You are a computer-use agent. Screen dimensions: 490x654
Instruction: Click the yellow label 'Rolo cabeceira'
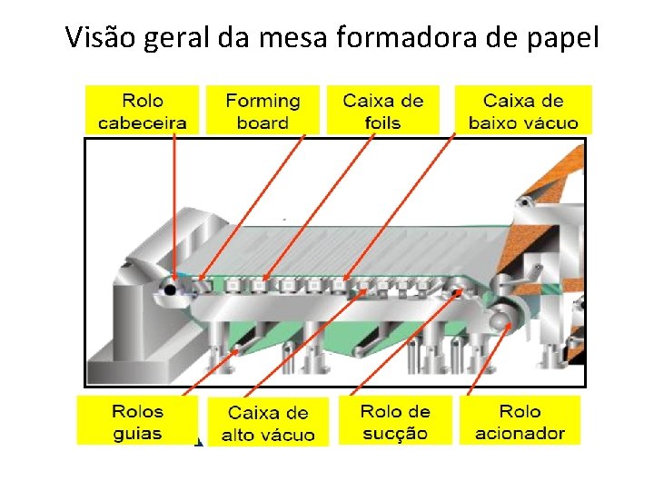(142, 111)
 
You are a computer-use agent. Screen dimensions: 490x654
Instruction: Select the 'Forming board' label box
(263, 111)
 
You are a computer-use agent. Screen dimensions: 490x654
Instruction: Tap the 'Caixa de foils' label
(382, 111)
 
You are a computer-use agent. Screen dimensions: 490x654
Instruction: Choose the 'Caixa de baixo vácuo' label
(522, 111)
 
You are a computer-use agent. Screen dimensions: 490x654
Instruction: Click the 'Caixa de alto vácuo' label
(268, 424)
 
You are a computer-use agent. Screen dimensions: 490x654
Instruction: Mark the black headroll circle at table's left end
(170, 289)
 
